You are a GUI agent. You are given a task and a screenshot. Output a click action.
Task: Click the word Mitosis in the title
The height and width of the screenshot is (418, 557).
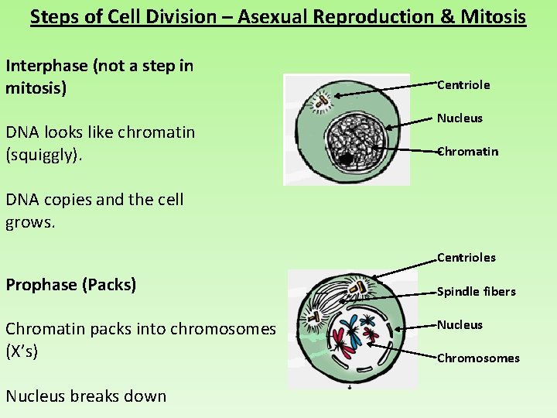pos(492,16)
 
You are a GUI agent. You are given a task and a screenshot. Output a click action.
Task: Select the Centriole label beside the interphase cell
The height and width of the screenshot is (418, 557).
pos(463,84)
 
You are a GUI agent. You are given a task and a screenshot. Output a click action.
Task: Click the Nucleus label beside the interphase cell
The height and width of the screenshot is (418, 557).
pos(460,118)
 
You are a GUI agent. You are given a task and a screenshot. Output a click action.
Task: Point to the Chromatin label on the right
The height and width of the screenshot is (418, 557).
pos(467,151)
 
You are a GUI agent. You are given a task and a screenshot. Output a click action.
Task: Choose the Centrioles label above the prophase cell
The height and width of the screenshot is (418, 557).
pos(466,257)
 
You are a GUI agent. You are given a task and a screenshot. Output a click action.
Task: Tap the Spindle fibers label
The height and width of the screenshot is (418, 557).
pos(476,291)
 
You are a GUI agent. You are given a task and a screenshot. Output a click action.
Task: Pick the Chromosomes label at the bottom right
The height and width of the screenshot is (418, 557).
pos(478,358)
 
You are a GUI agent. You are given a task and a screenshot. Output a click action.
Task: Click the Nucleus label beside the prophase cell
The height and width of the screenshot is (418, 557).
pos(460,324)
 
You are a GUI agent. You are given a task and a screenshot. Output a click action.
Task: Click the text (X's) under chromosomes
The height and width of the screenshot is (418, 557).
pos(22,351)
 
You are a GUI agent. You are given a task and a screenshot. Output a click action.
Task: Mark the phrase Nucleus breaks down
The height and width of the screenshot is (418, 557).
pos(86,396)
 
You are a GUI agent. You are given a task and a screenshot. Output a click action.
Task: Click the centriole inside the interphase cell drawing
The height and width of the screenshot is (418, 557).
pos(318,99)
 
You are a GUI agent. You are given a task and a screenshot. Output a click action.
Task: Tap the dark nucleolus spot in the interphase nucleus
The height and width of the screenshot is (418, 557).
pos(346,159)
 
